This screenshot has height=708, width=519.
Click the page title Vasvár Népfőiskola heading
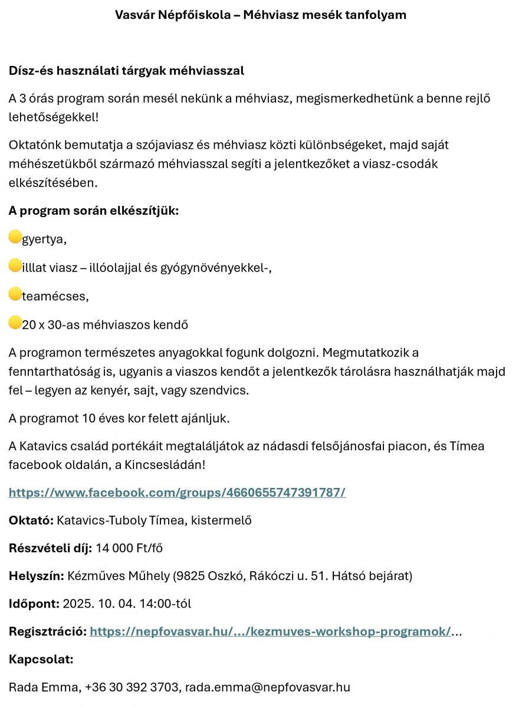(x=260, y=15)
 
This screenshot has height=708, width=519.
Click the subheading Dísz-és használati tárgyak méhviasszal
(x=126, y=71)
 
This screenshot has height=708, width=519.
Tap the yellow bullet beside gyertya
(x=15, y=238)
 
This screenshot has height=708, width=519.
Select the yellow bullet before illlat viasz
(x=15, y=266)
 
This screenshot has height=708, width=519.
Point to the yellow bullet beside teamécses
(x=15, y=294)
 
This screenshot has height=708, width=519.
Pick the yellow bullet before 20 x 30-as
(x=15, y=323)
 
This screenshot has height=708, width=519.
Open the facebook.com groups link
(x=177, y=492)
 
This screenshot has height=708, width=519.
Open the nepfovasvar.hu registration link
(x=270, y=631)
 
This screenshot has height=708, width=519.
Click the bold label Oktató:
(x=31, y=520)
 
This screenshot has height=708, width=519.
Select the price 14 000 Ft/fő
(x=129, y=548)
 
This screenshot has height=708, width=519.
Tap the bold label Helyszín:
(x=36, y=575)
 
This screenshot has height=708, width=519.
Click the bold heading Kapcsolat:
(x=41, y=659)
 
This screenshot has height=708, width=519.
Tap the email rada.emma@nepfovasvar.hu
(x=268, y=687)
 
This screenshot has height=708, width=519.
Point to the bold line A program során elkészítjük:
(x=93, y=211)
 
